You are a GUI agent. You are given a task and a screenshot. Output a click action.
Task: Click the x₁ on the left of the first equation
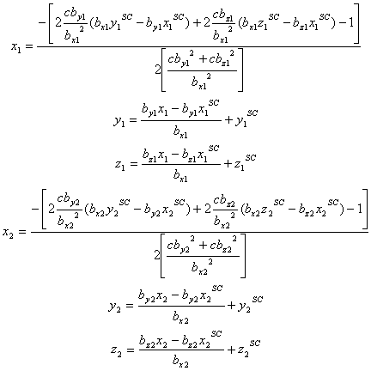coord(16,47)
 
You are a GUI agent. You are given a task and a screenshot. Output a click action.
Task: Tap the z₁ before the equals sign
coord(119,166)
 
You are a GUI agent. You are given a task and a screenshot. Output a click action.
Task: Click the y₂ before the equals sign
coord(115,307)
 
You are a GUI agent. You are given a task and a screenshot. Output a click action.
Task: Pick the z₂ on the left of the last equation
coord(116,351)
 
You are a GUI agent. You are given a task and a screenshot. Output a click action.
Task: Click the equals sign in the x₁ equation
coord(29,46)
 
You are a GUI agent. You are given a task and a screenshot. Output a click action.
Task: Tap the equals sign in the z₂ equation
coord(130,350)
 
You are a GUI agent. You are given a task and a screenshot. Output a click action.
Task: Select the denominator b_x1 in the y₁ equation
coord(180,132)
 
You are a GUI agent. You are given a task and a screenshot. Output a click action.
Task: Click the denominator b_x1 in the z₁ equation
coord(180,175)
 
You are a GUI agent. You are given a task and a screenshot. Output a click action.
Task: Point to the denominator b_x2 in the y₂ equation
coord(180,317)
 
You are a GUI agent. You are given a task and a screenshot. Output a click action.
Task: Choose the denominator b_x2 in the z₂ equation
coord(180,361)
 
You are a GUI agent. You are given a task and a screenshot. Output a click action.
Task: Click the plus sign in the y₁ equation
coord(229,120)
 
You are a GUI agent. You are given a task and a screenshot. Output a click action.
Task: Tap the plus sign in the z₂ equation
coord(231,350)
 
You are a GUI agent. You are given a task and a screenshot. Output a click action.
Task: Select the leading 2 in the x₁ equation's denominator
coord(158,70)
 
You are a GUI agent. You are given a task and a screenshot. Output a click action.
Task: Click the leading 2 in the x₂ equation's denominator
coord(157,255)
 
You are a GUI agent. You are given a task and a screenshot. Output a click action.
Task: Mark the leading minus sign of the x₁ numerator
coord(42,22)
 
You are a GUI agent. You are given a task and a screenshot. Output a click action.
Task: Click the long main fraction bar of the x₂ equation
coord(199,232)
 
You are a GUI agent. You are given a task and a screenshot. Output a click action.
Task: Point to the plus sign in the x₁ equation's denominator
coord(203,59)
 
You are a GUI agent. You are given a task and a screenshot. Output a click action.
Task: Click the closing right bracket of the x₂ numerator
coord(364,209)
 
